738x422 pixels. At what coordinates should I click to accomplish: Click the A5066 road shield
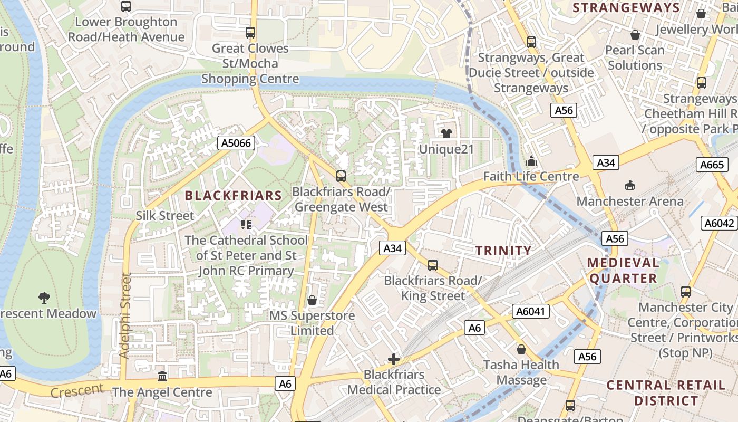[x=236, y=142]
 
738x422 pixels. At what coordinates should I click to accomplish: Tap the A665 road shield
[x=712, y=165]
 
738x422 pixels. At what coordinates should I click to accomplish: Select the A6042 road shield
[x=720, y=223]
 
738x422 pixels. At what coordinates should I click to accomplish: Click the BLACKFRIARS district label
[x=234, y=196]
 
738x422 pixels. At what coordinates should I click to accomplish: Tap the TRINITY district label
[x=503, y=251]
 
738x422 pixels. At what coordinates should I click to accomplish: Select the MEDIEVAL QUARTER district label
[x=623, y=270]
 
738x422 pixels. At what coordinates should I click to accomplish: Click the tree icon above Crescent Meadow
[x=45, y=298]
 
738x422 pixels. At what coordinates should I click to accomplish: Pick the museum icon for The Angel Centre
[x=162, y=377]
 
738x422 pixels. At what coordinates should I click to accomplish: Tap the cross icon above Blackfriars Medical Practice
[x=394, y=359]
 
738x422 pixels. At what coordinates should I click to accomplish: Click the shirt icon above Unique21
[x=446, y=133]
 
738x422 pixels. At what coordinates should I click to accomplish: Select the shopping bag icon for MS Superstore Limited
[x=312, y=300]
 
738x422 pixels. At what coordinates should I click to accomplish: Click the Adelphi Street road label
[x=125, y=315]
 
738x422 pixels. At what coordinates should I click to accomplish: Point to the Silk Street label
[x=165, y=216]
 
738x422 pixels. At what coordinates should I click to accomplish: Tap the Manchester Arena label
[x=630, y=201]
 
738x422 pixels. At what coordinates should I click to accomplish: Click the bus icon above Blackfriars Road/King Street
[x=433, y=265]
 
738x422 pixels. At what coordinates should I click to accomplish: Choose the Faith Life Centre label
[x=531, y=177]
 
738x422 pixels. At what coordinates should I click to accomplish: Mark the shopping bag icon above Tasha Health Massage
[x=521, y=349]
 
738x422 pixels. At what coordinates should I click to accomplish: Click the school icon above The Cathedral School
[x=246, y=225]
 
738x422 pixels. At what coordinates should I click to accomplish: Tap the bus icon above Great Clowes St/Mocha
[x=250, y=33]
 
